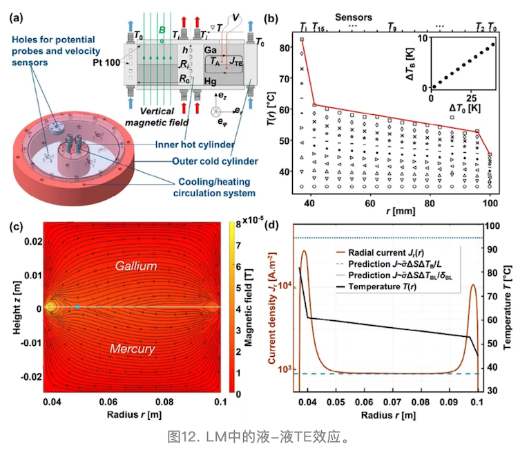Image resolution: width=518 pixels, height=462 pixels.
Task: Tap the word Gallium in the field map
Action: (x=136, y=266)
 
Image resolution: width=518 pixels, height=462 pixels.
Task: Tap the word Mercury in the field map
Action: (x=132, y=349)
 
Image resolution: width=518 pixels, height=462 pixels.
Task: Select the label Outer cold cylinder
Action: (x=215, y=161)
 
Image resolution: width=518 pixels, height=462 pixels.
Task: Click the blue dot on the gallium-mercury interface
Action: (x=77, y=306)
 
